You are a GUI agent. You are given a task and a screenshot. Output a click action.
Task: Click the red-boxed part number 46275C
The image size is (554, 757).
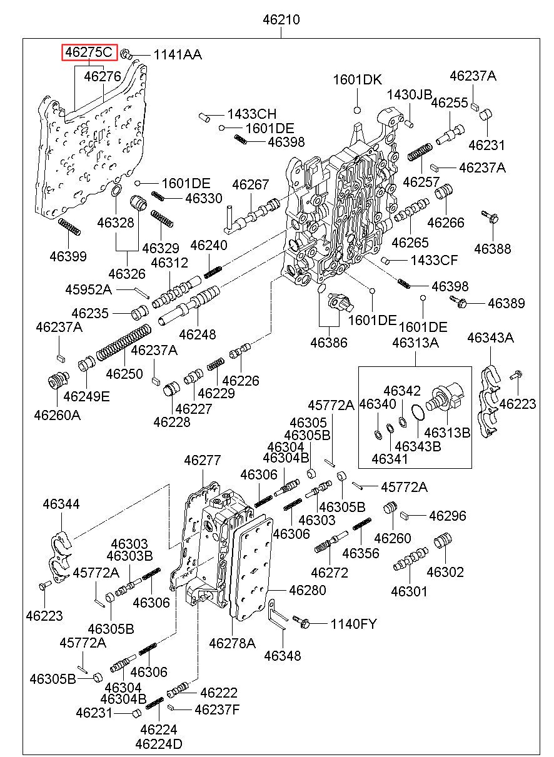(89, 53)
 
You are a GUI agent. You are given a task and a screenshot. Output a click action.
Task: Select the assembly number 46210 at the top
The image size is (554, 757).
(281, 19)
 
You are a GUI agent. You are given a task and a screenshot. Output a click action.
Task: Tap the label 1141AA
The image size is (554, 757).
(178, 55)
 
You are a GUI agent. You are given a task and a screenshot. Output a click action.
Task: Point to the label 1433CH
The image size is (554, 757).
(251, 114)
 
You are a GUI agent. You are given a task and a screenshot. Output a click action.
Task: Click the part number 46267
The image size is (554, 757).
(251, 184)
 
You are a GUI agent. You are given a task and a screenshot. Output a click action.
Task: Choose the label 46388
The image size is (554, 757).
(493, 249)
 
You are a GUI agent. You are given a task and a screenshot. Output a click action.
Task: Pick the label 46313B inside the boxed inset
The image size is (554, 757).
(447, 433)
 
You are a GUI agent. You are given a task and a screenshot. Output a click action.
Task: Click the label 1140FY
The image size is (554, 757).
(353, 623)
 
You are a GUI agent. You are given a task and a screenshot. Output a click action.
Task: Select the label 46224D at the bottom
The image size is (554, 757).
(159, 743)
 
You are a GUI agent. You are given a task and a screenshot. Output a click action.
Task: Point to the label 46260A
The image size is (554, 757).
(58, 415)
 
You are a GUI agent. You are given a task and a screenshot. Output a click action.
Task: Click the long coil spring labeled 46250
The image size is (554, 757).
(123, 342)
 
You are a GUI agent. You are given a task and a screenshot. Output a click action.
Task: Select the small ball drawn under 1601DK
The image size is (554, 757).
(357, 110)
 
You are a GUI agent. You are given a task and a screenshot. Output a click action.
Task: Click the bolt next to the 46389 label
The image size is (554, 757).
(458, 301)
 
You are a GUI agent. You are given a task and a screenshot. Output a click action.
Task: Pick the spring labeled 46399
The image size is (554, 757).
(69, 226)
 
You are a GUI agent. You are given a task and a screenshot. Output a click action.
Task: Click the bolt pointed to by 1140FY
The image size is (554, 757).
(301, 621)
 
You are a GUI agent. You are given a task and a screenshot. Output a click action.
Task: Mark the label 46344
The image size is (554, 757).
(61, 504)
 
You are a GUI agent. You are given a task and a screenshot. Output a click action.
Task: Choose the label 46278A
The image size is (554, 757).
(232, 643)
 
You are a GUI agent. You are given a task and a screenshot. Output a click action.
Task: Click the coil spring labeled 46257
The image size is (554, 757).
(420, 152)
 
